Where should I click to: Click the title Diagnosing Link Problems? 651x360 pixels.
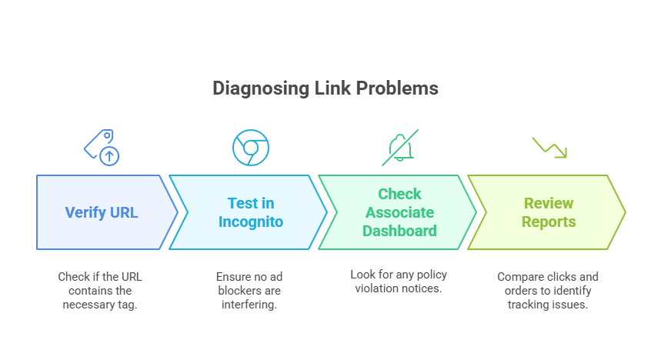coord(325,88)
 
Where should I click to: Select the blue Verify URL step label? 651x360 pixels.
coord(102,212)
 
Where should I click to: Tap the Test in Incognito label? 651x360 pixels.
coord(250,212)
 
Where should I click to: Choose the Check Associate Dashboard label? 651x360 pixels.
coord(399,212)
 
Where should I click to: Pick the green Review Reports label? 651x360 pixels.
coord(548,212)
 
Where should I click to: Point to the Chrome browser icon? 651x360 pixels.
coord(251,148)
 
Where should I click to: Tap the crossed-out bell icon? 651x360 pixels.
coord(399,147)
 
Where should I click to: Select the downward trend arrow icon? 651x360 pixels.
coord(549,147)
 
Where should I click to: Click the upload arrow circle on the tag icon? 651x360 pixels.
coord(110,156)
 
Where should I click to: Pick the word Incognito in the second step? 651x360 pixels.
coord(250,222)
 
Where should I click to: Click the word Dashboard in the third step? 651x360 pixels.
coord(399,231)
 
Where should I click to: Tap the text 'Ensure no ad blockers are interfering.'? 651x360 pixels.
coord(250,291)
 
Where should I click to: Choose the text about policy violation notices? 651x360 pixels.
coord(399,282)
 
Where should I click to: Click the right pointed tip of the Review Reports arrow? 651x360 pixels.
coord(625,212)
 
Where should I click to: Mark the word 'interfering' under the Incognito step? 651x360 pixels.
coord(250,305)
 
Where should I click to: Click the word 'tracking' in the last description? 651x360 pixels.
coord(529,305)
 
